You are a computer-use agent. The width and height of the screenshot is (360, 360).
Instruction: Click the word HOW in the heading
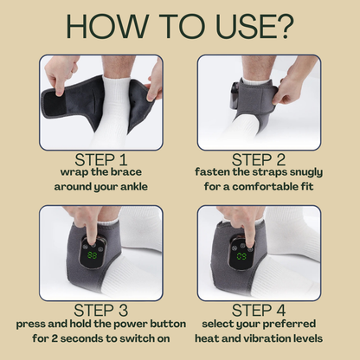pyautogui.click(x=106, y=26)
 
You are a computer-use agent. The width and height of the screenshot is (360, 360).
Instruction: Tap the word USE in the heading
pyautogui.click(x=244, y=26)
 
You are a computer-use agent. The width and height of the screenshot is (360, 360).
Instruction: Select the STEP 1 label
pyautogui.click(x=101, y=159)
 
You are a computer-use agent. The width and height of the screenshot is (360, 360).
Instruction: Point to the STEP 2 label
pyautogui.click(x=259, y=159)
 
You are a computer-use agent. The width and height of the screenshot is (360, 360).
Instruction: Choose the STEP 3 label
pyautogui.click(x=101, y=311)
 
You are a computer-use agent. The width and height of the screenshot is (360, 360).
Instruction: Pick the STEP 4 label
pyautogui.click(x=259, y=311)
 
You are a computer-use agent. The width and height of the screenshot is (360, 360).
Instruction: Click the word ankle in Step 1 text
pyautogui.click(x=134, y=187)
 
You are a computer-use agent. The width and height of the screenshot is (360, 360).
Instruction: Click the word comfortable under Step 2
pyautogui.click(x=266, y=187)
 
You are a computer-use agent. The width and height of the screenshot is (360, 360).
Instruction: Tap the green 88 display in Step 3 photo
pyautogui.click(x=92, y=255)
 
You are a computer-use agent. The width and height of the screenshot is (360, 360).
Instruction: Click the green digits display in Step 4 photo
pyautogui.click(x=241, y=256)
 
